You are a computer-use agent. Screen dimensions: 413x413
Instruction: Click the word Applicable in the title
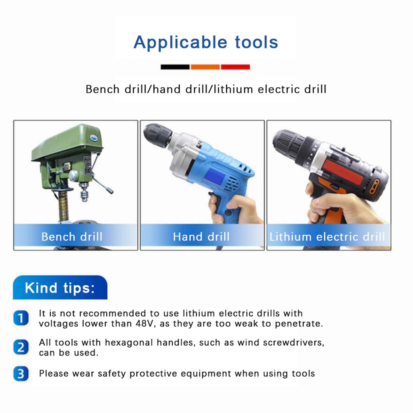[x=180, y=42]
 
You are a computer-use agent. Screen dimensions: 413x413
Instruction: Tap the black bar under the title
[x=175, y=67]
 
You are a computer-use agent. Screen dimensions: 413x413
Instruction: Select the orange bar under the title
[x=205, y=67]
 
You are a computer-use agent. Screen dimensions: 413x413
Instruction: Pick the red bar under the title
[x=235, y=67]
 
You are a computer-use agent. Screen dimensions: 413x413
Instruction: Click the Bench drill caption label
[x=72, y=237]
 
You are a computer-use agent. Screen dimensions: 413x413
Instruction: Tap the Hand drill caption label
[x=201, y=237]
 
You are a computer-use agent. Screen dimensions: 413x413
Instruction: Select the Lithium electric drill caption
[x=327, y=237]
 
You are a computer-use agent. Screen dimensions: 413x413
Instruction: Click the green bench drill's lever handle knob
[x=110, y=191]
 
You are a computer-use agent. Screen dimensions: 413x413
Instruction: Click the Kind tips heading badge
[x=60, y=288]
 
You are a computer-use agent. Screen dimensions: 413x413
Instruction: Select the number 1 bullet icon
[x=21, y=318]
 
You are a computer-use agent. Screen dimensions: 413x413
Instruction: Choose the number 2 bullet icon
[x=21, y=347]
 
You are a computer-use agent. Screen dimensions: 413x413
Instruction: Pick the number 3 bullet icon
[x=21, y=374]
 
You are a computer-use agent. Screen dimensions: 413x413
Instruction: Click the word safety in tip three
[x=112, y=374]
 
